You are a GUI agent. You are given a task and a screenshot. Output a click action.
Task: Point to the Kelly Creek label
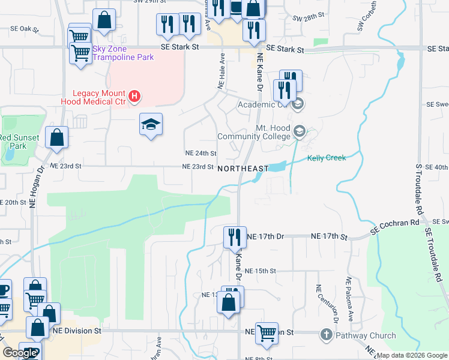tap(327, 158)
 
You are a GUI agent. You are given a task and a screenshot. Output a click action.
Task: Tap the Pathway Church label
tap(366, 335)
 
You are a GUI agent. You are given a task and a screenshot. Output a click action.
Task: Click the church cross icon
tap(326, 335)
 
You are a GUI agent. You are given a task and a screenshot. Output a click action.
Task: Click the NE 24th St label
tap(200, 154)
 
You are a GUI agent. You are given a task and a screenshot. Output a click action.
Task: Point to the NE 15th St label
tap(260, 271)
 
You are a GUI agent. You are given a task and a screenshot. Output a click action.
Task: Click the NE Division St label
tap(77, 330)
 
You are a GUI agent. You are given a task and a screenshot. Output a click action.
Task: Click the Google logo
tap(20, 353)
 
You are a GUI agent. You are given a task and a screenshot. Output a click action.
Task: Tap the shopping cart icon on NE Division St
tap(267, 333)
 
